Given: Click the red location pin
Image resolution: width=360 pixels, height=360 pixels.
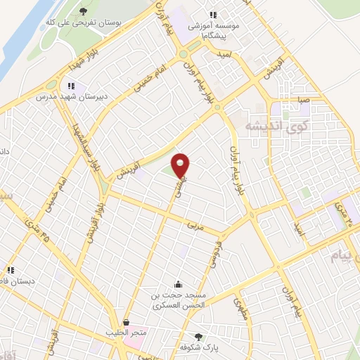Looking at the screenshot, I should pyautogui.click(x=181, y=165).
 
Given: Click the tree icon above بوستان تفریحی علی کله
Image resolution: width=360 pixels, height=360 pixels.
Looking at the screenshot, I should pyautogui.click(x=83, y=11).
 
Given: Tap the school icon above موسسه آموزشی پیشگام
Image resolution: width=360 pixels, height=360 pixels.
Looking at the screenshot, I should pyautogui.click(x=213, y=15).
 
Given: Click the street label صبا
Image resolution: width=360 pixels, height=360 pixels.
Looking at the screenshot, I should pyautogui.click(x=303, y=101).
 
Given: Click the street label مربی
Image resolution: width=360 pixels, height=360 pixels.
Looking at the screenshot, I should pyautogui.click(x=193, y=226).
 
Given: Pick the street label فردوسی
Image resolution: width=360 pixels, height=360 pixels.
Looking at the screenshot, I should pyautogui.click(x=210, y=257).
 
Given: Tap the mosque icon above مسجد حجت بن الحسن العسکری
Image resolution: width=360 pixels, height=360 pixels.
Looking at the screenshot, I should pyautogui.click(x=178, y=285).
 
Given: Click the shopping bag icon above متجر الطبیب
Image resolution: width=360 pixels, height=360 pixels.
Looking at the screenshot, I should pyautogui.click(x=126, y=321).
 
